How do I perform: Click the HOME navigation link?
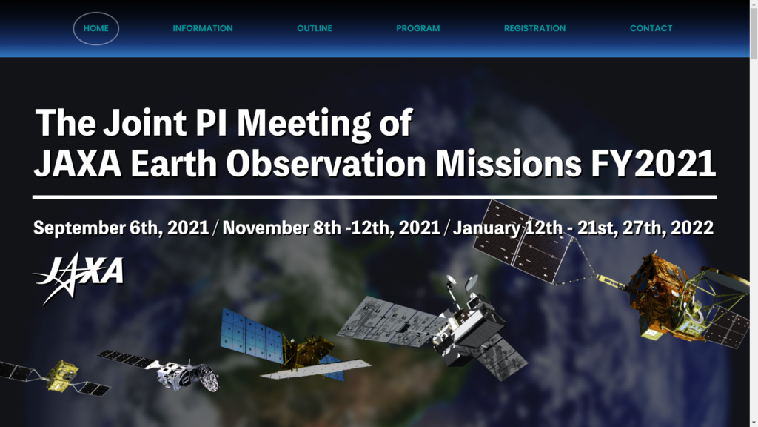(95, 29)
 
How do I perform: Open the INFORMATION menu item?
(203, 29)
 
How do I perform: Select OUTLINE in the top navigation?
(314, 29)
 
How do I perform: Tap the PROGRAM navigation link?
(417, 29)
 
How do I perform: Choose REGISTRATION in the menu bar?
(534, 29)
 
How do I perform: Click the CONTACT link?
(651, 29)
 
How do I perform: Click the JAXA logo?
(78, 278)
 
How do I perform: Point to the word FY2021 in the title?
(653, 164)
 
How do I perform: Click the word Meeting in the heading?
(303, 124)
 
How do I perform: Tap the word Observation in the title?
(326, 164)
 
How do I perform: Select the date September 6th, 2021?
(121, 228)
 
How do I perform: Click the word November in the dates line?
(266, 228)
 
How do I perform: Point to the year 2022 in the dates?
(692, 228)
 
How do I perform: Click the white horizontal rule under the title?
(375, 197)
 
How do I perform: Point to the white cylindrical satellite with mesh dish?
(189, 376)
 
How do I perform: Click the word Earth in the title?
(173, 164)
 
